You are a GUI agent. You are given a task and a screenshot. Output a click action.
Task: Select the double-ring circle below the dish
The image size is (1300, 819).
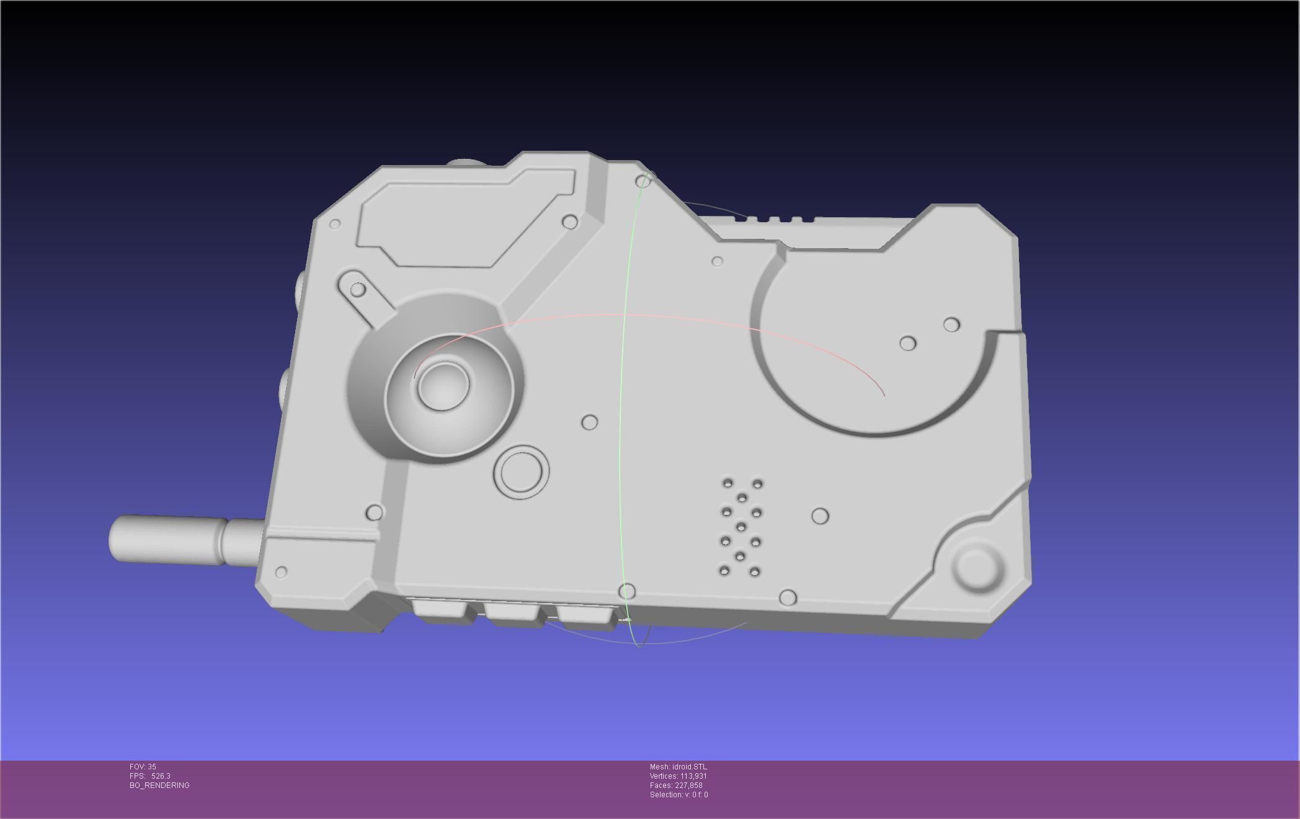(x=521, y=472)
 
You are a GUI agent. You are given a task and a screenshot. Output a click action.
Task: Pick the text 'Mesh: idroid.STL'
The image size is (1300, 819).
(x=678, y=767)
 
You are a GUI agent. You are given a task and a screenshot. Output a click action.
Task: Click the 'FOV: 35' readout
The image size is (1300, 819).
(x=143, y=767)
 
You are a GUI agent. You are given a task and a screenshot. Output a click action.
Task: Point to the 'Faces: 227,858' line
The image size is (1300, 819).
(x=676, y=785)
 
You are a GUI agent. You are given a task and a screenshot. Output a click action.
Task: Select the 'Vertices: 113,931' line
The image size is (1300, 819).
(x=678, y=776)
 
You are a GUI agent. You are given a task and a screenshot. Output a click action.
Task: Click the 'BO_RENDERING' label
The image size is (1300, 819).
(x=159, y=785)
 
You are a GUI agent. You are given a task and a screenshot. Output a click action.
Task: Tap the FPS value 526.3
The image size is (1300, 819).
(x=161, y=776)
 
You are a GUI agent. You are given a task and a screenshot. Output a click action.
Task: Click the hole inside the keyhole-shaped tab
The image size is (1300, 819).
(x=357, y=289)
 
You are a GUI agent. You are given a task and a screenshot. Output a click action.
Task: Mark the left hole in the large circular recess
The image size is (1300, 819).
(x=907, y=343)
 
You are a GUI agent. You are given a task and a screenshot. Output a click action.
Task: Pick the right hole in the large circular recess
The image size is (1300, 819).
(x=951, y=324)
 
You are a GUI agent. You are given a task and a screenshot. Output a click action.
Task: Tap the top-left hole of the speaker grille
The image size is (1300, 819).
(x=728, y=483)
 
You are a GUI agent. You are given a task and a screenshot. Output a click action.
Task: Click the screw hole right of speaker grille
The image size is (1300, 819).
(x=820, y=516)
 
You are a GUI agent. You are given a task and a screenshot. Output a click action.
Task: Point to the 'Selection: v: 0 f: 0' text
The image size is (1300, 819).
(x=679, y=795)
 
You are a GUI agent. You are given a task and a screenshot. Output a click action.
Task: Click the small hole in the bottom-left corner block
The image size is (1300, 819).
(x=281, y=571)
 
